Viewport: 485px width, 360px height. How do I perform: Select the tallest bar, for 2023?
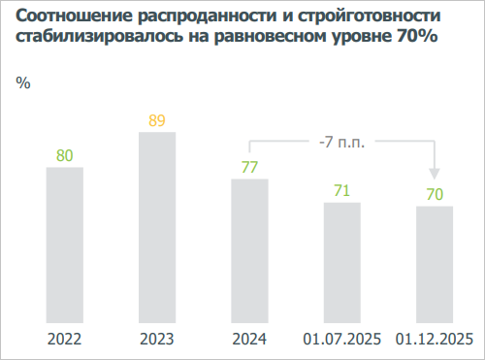pos(157,227)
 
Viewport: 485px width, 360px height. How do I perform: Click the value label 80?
pos(65,155)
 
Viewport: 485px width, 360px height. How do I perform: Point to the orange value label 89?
pos(157,120)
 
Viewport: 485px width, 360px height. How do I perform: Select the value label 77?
pos(249,167)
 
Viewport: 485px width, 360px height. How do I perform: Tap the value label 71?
pos(341,190)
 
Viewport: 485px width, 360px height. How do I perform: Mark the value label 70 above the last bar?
pos(434,194)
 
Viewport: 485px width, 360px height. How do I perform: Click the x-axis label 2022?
pos(65,339)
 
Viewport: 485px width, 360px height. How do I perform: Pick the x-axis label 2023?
pos(157,339)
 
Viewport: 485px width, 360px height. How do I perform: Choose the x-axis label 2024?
pos(249,339)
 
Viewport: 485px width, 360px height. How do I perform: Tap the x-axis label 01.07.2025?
pos(341,339)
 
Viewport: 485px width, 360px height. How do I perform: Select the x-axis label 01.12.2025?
pos(434,339)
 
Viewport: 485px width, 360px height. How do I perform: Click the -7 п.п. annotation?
pos(341,142)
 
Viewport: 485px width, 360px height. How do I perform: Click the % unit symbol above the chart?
pos(23,82)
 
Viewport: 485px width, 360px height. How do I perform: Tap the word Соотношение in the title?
pos(72,18)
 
